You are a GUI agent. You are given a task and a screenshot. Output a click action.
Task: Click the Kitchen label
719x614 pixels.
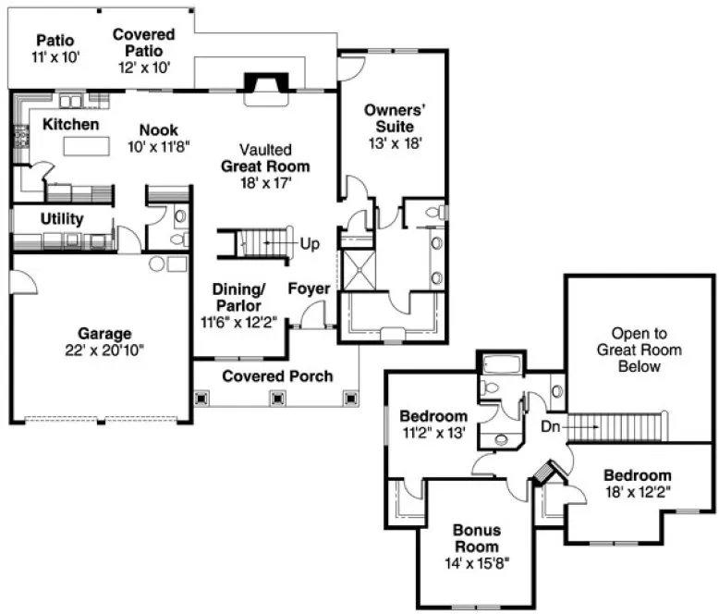click(71, 124)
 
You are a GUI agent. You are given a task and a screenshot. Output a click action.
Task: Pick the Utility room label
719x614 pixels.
click(62, 219)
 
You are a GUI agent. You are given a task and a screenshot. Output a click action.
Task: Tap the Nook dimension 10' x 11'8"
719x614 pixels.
click(160, 146)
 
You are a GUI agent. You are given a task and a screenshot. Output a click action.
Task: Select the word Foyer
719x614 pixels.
click(309, 289)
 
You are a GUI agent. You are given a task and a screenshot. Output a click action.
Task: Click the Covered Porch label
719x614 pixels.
click(277, 376)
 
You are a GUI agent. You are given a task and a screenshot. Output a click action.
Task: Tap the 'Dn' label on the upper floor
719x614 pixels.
click(552, 427)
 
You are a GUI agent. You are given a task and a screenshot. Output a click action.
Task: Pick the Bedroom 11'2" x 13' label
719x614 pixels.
click(433, 422)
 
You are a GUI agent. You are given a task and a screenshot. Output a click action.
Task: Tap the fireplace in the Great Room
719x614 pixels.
click(264, 82)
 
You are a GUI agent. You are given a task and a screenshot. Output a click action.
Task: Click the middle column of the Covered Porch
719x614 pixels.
click(276, 399)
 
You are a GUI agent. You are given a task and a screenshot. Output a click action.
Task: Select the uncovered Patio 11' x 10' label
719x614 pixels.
click(55, 48)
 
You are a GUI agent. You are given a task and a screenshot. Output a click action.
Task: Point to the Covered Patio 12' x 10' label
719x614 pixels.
click(144, 43)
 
